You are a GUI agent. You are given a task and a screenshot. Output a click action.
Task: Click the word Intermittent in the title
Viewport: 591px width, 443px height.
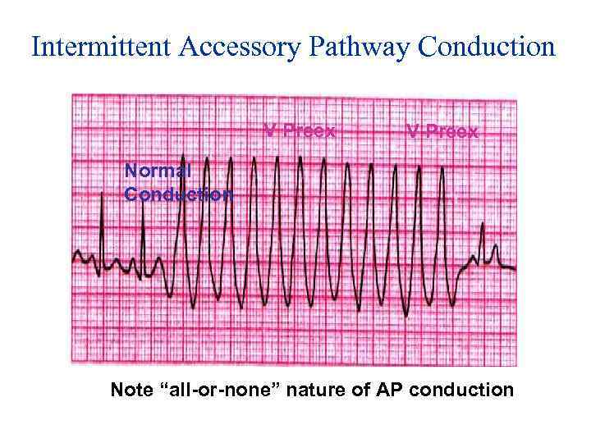coord(98,47)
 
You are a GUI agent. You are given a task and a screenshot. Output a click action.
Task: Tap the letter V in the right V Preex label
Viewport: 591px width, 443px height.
coord(413,131)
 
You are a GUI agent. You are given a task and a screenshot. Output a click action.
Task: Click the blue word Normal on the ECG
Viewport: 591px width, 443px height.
coord(158,171)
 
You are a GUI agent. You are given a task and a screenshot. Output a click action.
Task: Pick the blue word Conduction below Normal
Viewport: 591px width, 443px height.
coord(178,194)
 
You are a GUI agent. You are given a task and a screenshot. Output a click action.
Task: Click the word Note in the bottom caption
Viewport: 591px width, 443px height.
coord(132,390)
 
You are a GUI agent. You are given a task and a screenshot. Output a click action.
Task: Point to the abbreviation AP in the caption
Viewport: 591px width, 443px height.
coord(385,390)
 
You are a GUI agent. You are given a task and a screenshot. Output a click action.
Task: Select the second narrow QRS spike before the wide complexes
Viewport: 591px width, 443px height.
coord(144,205)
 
